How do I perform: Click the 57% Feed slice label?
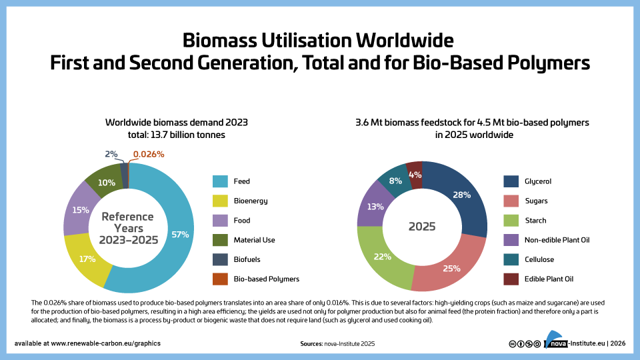180,234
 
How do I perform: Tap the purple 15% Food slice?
80,210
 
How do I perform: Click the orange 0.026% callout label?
148,154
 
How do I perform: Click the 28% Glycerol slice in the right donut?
461,195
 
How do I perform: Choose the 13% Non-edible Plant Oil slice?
375,206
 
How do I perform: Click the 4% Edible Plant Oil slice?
415,175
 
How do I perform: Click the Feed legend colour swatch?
221,181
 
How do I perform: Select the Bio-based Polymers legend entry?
266,279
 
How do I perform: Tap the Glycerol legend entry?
537,181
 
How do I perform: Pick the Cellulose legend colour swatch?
511,259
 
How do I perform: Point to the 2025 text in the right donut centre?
422,227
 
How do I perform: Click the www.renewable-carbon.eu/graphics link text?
105,343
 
